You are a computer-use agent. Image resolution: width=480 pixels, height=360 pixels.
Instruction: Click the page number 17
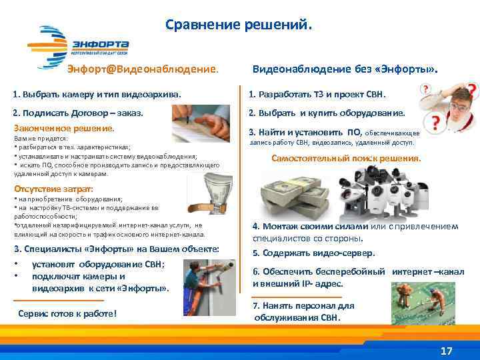coord(447,351)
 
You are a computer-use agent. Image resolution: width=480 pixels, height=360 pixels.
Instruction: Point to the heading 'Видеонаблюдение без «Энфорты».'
coord(345,69)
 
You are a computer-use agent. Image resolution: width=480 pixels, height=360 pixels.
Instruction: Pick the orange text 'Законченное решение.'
coord(65,127)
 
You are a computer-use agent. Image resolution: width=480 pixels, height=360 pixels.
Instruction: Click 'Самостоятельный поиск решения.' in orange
coord(346,159)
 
